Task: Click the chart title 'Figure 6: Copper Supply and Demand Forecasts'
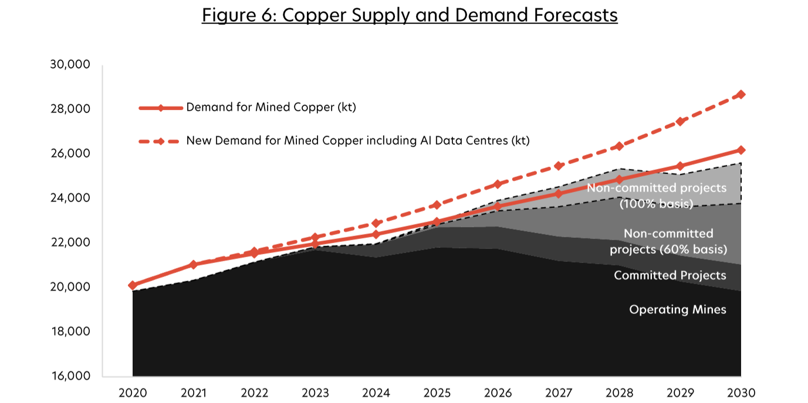410,15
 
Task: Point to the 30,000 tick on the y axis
70,64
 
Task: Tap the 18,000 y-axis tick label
70,332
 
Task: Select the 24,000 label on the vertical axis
70,198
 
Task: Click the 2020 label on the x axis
133,392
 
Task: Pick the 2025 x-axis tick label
437,392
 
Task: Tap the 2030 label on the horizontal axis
741,392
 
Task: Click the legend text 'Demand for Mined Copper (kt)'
271,108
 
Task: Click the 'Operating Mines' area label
677,309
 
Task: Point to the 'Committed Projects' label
670,275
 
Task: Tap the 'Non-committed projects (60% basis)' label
668,241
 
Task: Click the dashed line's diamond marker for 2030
741,94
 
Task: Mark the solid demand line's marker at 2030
741,150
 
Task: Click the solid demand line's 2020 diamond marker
133,285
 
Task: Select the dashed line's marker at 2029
680,121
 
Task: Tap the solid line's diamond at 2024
376,234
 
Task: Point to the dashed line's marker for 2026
498,184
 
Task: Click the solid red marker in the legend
161,108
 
